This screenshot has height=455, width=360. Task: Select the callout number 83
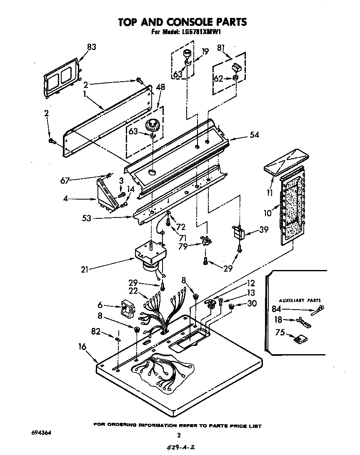click(91, 47)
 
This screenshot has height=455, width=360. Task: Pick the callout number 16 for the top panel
click(82, 346)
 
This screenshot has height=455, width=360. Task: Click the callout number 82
click(95, 331)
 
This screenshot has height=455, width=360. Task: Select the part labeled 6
click(126, 309)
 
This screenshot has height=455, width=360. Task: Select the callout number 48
click(160, 87)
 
